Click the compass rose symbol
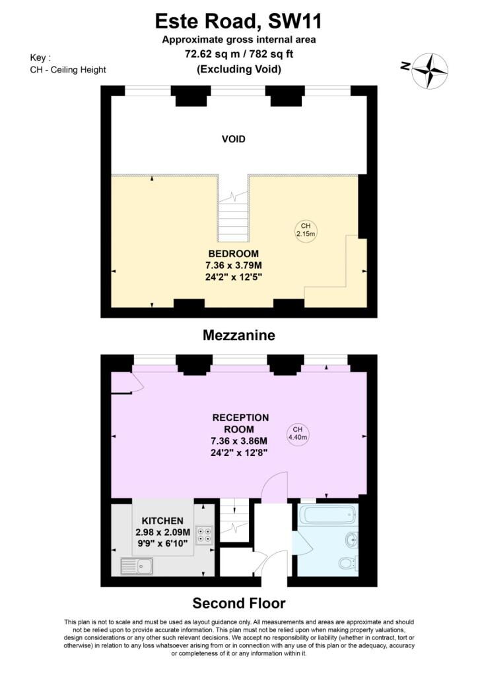430,71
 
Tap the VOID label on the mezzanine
234,139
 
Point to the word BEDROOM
234,254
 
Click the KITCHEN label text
162,521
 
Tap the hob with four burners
204,534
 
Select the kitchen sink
137,566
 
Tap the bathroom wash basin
352,539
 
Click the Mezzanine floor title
239,335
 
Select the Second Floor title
239,602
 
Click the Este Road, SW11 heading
238,21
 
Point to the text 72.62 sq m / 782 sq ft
239,54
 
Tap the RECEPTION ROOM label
240,423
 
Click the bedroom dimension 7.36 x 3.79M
234,265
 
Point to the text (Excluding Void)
239,69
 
